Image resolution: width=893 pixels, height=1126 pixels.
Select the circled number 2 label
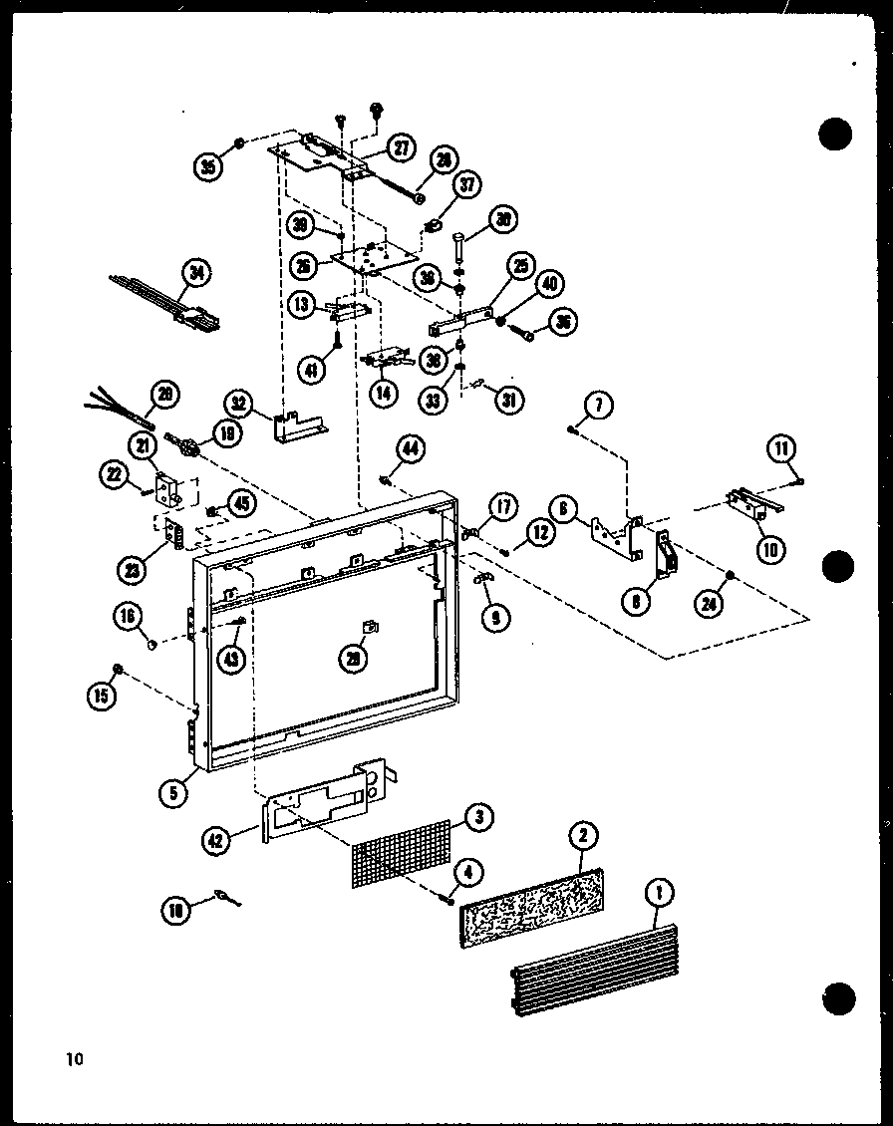(582, 836)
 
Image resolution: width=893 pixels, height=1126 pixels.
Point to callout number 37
(467, 184)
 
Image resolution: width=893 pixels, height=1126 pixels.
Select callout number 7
(599, 405)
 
